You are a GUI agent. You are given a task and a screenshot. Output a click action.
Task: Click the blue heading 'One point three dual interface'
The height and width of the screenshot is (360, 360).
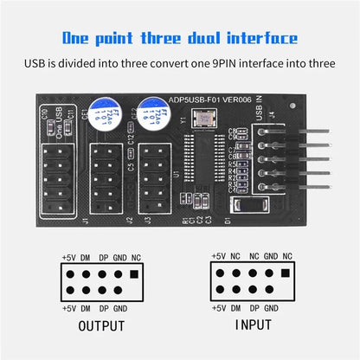point(180,38)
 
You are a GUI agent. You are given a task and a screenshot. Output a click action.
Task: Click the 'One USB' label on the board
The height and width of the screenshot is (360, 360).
point(59,124)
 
